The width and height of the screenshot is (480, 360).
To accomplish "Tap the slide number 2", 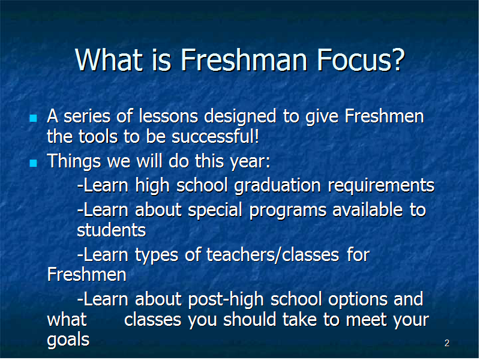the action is coord(447,343).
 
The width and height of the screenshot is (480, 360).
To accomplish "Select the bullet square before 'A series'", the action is coord(34,118).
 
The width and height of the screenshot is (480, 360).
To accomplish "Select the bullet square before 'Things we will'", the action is coord(34,163).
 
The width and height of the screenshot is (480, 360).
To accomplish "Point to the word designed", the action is coord(241,117).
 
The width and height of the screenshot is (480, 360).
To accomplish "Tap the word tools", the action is coord(98,137).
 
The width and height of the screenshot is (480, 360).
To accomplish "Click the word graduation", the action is coord(277,186).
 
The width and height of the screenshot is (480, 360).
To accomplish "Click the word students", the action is coord(112,230).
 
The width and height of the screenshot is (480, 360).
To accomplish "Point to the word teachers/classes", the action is coord(273,255).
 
